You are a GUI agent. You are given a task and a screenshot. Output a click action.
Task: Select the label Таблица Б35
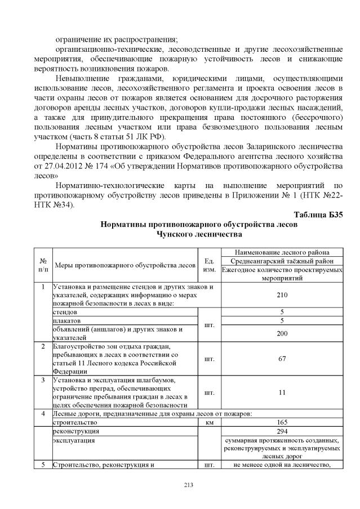pos(318,215)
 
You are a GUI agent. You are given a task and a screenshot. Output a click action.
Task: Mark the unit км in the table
pos(208,422)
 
